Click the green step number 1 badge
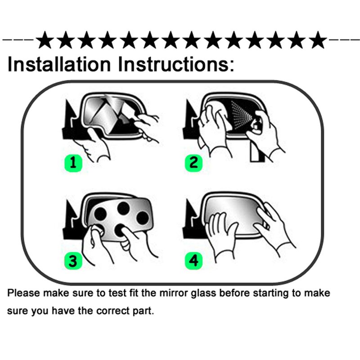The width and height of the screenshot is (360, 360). point(73,163)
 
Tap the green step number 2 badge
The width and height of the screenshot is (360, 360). point(194,163)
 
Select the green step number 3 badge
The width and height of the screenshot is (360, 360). point(73,261)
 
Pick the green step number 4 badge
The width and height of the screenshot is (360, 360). point(194,261)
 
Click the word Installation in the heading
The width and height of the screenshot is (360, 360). point(59,64)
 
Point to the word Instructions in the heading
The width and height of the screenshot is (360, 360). point(176,64)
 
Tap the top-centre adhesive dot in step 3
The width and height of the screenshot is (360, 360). point(123,208)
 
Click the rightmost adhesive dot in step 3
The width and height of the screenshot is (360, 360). point(142,218)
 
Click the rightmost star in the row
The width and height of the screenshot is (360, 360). point(318,40)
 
